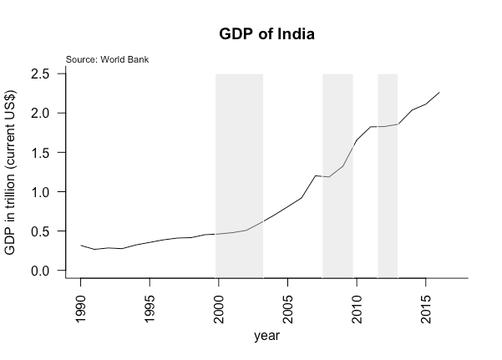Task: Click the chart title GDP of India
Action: [266, 35]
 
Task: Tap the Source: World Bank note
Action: [107, 59]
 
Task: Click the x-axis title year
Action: [266, 337]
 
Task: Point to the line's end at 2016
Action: [439, 92]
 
